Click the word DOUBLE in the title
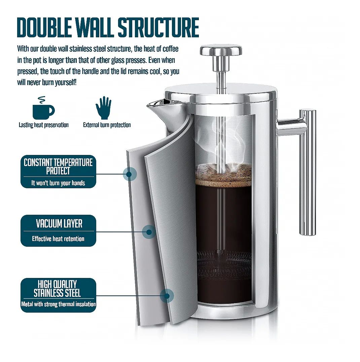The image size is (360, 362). (44, 27)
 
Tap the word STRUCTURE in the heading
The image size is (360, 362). (158, 27)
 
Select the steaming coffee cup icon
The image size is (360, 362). (43, 108)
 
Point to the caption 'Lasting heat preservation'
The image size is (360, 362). (44, 125)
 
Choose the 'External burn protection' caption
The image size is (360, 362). (107, 125)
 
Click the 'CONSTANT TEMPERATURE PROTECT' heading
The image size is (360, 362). (58, 166)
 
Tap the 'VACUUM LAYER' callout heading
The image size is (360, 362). (59, 224)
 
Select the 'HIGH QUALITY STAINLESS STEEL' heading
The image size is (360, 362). (57, 289)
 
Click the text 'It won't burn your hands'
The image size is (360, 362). (58, 183)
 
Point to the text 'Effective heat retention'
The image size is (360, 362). (58, 239)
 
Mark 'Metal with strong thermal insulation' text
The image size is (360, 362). (59, 304)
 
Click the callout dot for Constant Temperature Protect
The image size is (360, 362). (129, 174)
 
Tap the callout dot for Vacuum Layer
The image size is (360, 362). (149, 232)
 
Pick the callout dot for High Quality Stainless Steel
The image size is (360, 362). (167, 296)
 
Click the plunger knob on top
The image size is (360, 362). (221, 50)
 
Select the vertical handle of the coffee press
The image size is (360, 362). (308, 172)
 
